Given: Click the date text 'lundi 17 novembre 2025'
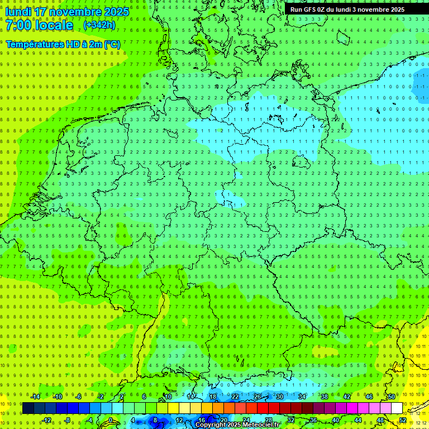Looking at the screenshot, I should [67, 12].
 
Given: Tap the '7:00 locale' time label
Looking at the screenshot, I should [39, 25].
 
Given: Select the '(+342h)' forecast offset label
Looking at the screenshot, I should [99, 25].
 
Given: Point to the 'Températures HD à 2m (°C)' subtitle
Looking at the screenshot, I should [63, 44].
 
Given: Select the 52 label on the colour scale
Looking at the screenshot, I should [403, 420].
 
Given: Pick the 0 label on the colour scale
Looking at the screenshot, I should [111, 420].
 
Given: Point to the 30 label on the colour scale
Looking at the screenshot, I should [279, 397].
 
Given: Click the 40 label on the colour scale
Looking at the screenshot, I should [336, 420].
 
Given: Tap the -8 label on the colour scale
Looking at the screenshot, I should [66, 420].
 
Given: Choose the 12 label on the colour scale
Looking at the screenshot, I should [179, 420].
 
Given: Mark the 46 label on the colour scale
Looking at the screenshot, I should [369, 397].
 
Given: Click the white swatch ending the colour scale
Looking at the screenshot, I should [397, 408].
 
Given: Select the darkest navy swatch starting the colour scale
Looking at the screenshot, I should [28, 408].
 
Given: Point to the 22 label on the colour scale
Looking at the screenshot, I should [235, 397].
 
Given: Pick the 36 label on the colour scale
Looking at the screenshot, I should [313, 420].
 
